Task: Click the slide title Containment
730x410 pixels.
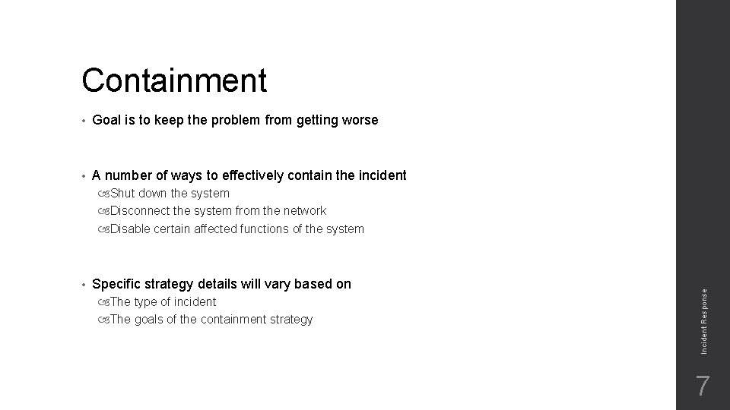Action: (174, 80)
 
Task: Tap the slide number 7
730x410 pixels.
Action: (703, 386)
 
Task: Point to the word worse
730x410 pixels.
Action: (359, 120)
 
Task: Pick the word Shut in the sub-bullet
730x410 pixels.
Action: (123, 193)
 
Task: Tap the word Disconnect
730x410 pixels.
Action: (139, 210)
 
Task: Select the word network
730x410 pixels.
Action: (303, 210)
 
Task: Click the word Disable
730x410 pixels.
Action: (130, 229)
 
